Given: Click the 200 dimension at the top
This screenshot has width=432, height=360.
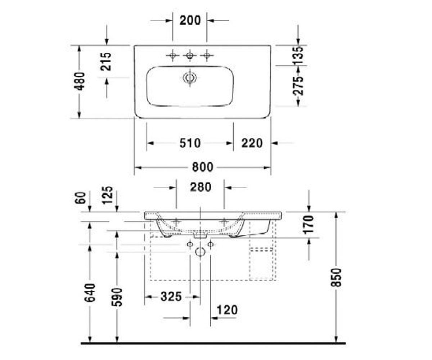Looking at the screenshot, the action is pyautogui.click(x=190, y=21).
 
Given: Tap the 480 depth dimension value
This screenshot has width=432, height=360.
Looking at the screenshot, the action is pyautogui.click(x=80, y=81).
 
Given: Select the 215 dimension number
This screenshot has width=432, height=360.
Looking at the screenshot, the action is pyautogui.click(x=106, y=62).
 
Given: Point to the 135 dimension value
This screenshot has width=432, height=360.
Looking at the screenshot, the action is pyautogui.click(x=298, y=55).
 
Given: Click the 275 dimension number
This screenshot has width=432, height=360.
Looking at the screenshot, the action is pyautogui.click(x=298, y=86).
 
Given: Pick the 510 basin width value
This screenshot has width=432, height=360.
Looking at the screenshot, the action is pyautogui.click(x=190, y=143).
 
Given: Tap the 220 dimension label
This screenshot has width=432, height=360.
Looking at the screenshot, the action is pyautogui.click(x=252, y=143).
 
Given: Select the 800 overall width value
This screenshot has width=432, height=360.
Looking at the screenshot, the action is pyautogui.click(x=203, y=167).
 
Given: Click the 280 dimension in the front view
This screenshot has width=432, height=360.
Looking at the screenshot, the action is pyautogui.click(x=201, y=187).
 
